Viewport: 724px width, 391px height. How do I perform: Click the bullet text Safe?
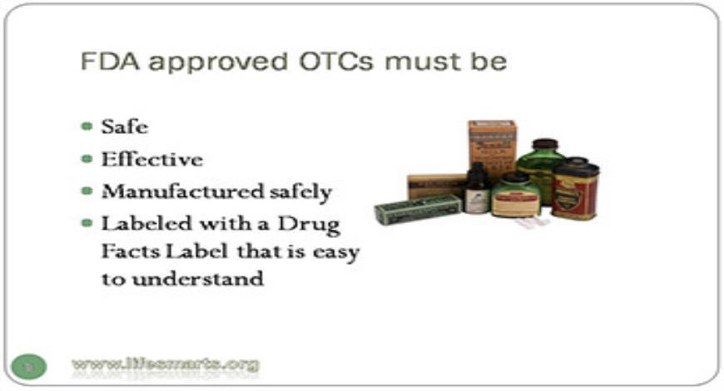point(125,127)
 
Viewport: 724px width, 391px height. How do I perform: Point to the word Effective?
point(151,159)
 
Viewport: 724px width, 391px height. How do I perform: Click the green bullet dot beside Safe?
point(87,127)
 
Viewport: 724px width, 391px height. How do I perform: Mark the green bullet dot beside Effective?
point(87,159)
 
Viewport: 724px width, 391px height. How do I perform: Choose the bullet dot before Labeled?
point(87,222)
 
